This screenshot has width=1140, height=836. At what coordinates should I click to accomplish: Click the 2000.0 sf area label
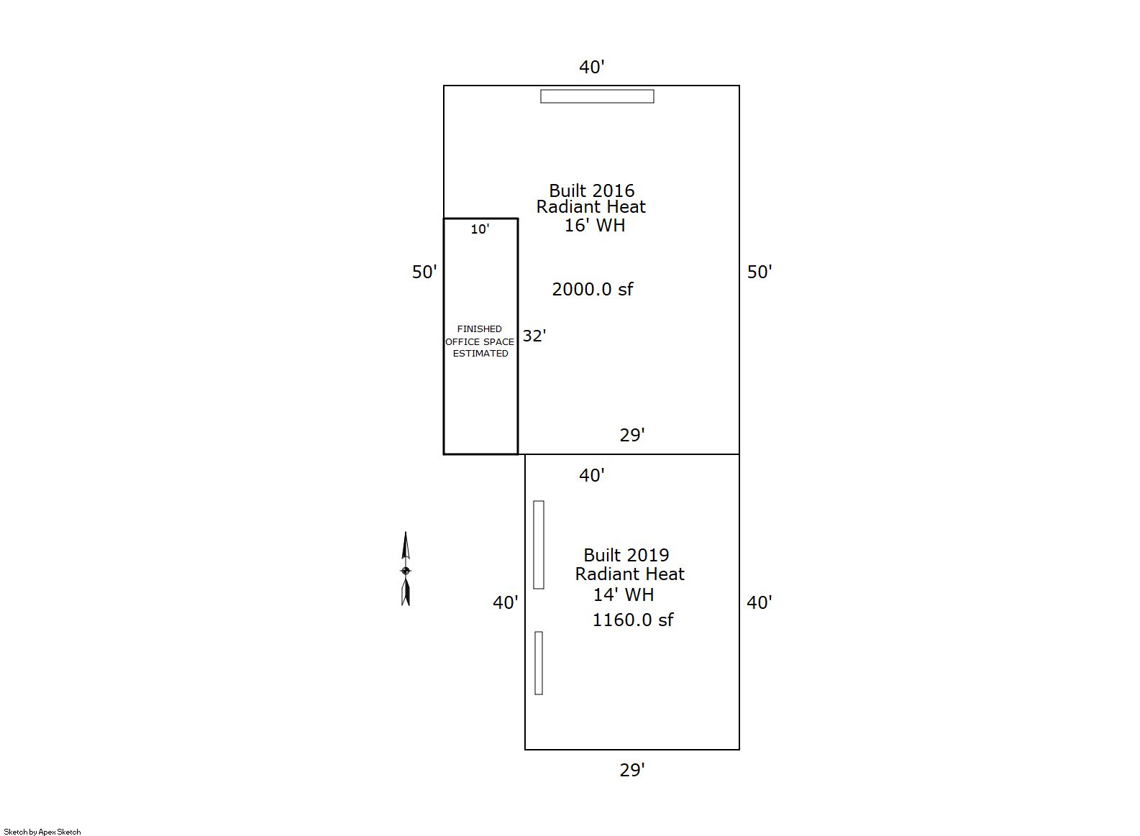point(593,290)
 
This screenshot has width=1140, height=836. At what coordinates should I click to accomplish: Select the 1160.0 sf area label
point(633,620)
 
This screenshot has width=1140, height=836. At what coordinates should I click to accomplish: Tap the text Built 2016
point(591,190)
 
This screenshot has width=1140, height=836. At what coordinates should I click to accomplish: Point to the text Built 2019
point(626,555)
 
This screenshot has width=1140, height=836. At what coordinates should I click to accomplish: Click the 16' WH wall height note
point(594,225)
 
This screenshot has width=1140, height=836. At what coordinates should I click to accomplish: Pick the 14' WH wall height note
point(624,594)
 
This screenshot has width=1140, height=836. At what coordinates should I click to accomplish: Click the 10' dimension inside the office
point(480,229)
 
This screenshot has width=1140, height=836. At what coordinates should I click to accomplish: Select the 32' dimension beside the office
point(534,336)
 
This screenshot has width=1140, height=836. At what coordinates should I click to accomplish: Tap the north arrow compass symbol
point(406,569)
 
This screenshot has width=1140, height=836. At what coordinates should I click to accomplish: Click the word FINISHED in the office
point(479,329)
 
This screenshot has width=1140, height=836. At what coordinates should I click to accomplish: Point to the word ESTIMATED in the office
point(480,354)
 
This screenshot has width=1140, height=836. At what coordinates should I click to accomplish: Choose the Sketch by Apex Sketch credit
point(42,832)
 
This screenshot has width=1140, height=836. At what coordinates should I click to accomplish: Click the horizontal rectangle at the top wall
point(597,96)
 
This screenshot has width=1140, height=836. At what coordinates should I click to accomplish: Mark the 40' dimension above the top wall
point(591,67)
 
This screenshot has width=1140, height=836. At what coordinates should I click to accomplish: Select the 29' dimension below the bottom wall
point(632,770)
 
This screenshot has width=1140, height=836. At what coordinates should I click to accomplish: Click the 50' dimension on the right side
point(760,272)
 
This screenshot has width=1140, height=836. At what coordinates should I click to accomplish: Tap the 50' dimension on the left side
point(424,272)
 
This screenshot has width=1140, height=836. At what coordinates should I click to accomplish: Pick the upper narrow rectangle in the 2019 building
point(539,545)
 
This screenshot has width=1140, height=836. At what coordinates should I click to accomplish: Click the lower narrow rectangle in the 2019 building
point(539,663)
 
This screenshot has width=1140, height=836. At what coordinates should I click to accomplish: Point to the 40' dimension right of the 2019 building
point(760,602)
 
